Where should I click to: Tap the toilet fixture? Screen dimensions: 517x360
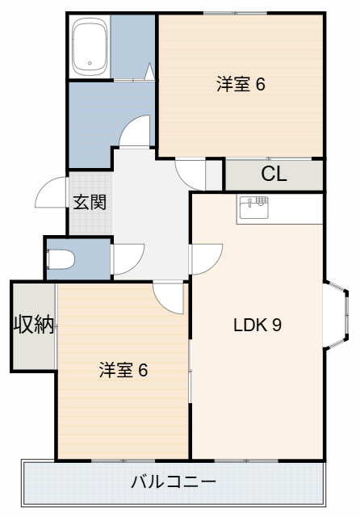point(61,260)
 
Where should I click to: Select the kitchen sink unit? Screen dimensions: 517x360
point(257,209)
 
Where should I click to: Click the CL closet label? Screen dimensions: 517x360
point(274,174)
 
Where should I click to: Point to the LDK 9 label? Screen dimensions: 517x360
point(257,326)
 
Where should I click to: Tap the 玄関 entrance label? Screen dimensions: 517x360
point(90,202)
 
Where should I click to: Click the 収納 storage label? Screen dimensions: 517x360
point(32,325)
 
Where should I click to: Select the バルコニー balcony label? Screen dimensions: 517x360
point(174,482)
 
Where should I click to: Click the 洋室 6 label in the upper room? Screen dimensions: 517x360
point(241,84)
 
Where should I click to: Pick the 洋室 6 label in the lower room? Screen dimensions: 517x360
point(123,370)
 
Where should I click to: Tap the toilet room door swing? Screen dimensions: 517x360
point(125,259)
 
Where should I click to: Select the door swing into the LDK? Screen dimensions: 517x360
point(206,258)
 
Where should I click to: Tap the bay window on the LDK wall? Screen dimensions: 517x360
point(334,315)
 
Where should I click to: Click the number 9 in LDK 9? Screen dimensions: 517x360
point(276,326)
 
